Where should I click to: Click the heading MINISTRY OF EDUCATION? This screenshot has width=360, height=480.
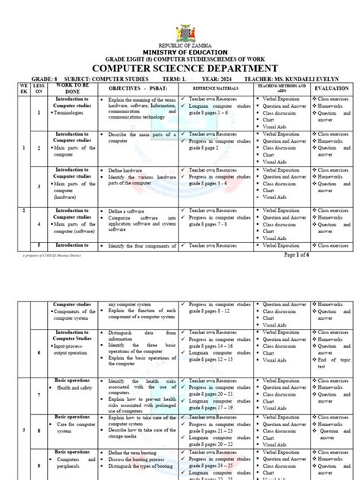click(x=180, y=52)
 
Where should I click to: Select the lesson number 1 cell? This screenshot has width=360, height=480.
click(x=39, y=112)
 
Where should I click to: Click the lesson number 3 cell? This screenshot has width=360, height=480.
click(x=39, y=185)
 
